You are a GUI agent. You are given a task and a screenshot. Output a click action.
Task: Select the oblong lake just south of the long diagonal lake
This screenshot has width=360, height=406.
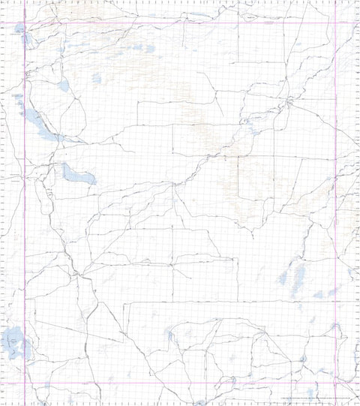pyautogui.click(x=79, y=176)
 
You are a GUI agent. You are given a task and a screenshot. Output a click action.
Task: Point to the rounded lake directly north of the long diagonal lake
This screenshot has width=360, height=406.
pyautogui.click(x=62, y=85)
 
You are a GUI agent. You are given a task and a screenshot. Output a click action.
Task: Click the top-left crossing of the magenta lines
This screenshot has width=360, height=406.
pyautogui.click(x=25, y=23)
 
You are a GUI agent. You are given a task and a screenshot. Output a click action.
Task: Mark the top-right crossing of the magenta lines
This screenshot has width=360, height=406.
pyautogui.click(x=335, y=23)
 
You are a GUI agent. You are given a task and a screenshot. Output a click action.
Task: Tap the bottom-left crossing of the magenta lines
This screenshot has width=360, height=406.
pyautogui.click(x=25, y=383)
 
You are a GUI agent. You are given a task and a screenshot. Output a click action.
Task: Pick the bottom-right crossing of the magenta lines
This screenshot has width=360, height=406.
pyautogui.click(x=335, y=383)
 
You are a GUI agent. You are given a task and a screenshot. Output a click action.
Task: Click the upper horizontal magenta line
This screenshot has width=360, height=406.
pyautogui.click(x=180, y=23)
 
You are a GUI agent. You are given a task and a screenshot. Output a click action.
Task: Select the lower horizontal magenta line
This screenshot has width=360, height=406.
pyautogui.click(x=180, y=383)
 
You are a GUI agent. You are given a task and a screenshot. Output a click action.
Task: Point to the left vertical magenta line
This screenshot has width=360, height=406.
pyautogui.click(x=25, y=225)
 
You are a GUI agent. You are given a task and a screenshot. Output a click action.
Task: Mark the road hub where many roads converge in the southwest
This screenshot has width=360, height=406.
pyautogui.click(x=77, y=273)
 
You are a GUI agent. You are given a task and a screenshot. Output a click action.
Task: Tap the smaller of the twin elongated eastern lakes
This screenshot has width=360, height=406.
pyautogui.click(x=283, y=278)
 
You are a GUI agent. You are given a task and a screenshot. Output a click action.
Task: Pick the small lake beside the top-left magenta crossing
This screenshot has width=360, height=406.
pyautogui.click(x=19, y=31)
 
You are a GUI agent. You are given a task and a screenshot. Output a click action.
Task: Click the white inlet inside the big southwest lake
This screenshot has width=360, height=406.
pyautogui.click(x=10, y=344)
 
